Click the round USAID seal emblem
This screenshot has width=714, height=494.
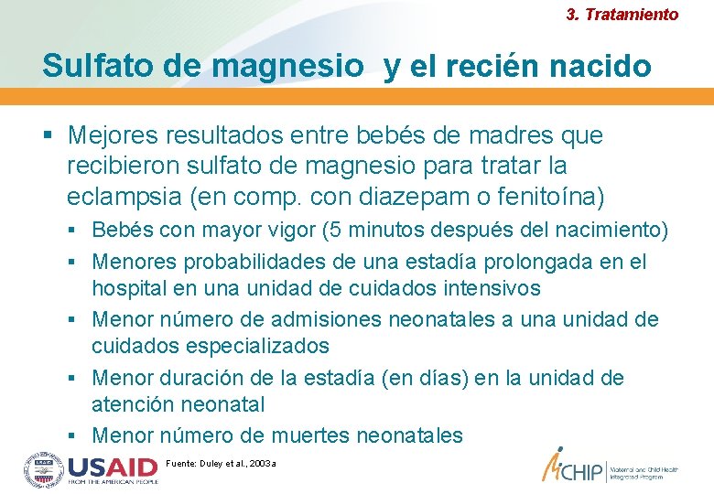click(x=43, y=469)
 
